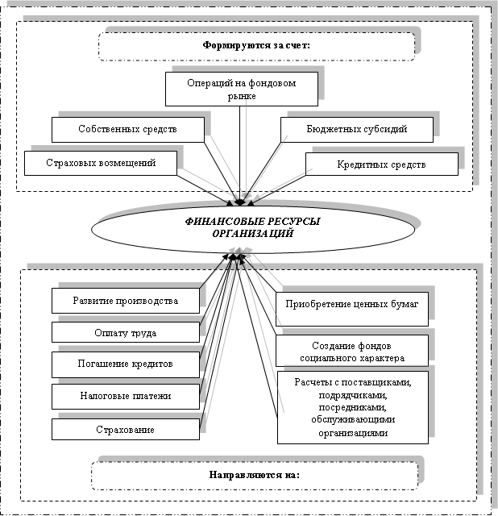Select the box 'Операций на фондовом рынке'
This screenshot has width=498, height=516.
(x=242, y=89)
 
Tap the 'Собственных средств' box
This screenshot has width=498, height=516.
(x=128, y=130)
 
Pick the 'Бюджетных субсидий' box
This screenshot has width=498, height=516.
(x=357, y=130)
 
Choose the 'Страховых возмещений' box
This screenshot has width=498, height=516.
(x=101, y=163)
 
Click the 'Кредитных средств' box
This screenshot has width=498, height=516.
(x=382, y=164)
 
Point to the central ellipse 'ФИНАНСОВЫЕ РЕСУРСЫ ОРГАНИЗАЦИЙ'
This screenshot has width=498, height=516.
(x=253, y=229)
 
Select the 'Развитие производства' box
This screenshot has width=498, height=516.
(x=126, y=301)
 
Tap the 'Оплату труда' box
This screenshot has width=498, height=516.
(x=126, y=332)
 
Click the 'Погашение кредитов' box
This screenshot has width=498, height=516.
(x=126, y=364)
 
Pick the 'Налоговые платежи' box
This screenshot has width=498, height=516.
(x=126, y=397)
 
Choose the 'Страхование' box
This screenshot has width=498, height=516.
(x=126, y=429)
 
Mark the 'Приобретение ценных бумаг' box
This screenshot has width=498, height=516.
(x=352, y=309)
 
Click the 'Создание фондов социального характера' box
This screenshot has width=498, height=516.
(x=352, y=351)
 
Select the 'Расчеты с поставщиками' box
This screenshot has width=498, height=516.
(x=353, y=407)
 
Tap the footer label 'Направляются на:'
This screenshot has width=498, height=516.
(x=255, y=476)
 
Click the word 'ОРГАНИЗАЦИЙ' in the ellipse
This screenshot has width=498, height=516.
(x=252, y=234)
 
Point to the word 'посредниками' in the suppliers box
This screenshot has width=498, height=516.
(x=353, y=407)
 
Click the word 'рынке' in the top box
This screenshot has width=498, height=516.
(x=242, y=97)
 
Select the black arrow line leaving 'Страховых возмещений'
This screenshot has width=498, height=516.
(x=205, y=190)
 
